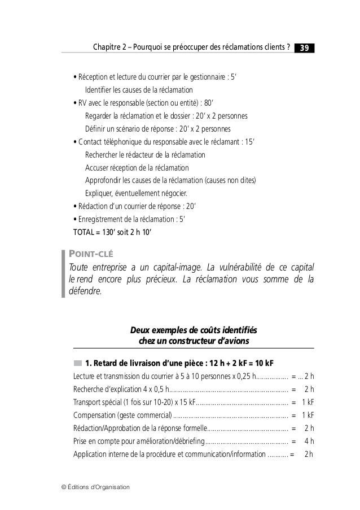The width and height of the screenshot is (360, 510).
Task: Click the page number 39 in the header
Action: (x=304, y=48)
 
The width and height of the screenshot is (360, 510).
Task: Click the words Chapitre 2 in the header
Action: (x=109, y=48)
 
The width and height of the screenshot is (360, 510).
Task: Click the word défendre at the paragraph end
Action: (x=85, y=292)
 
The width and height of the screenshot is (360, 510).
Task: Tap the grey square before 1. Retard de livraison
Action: (x=77, y=362)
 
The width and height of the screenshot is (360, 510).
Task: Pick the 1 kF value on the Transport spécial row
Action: (x=308, y=402)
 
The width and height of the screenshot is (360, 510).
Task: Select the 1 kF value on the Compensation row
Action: (x=308, y=415)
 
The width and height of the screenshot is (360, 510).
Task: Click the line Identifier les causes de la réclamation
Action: (x=139, y=90)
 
